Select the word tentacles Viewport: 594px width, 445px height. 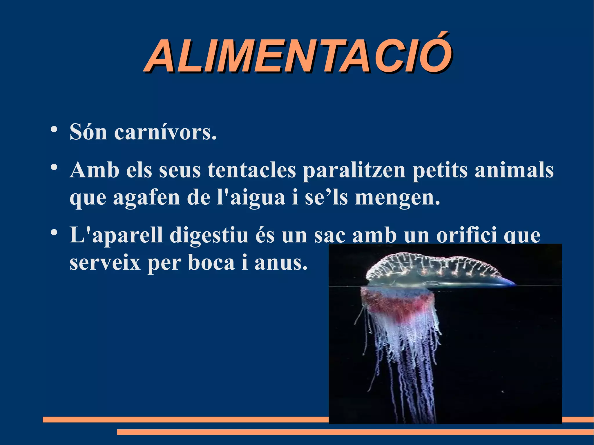point(252,170)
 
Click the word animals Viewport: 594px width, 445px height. point(514,170)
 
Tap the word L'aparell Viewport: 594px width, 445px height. point(116,235)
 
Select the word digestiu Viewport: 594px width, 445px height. point(209,235)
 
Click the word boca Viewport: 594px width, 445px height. point(211,263)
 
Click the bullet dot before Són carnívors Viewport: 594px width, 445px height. point(53,130)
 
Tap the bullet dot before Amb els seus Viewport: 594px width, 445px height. point(53,167)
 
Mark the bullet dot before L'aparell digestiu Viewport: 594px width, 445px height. point(53,233)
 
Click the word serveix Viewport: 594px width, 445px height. point(105,263)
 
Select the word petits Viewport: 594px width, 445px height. point(440,170)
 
